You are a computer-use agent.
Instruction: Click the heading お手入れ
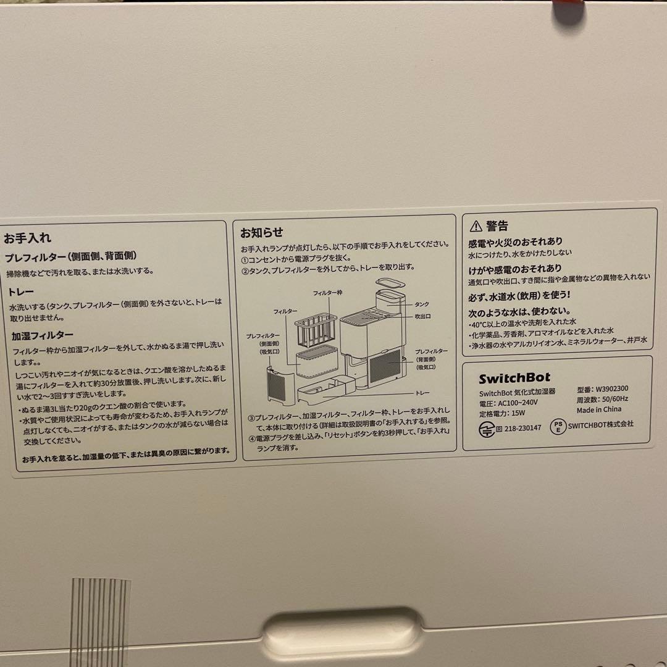tap(27, 237)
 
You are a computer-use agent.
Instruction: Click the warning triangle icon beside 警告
tap(475, 226)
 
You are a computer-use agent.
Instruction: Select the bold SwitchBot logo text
tap(514, 377)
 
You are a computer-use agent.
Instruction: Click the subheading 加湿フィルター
tap(43, 336)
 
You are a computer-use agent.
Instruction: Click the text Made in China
tap(599, 409)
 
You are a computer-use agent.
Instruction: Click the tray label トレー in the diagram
tap(423, 393)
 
